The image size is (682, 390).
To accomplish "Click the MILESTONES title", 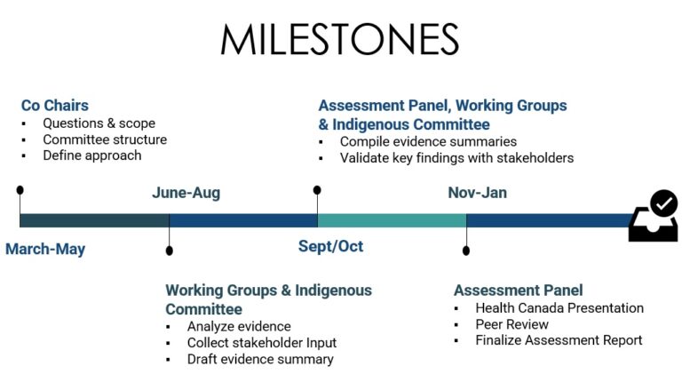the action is point(340,39).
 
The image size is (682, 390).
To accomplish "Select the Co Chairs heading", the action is point(55,106).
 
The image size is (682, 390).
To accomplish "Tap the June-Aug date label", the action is point(186,193).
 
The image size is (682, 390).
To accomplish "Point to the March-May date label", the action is point(45,249).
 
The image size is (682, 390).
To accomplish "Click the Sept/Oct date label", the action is point(330,246).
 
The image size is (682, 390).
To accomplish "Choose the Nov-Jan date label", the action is point(478,193).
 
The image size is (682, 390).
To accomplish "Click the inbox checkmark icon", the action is point(654,216).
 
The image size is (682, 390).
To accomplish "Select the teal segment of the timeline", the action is point(392,220).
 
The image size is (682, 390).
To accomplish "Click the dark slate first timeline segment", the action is point(94,220).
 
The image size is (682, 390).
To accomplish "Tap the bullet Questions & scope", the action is point(99,123).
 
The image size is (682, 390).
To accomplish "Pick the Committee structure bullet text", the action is point(105,139).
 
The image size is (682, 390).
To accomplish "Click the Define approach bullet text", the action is point(92,155).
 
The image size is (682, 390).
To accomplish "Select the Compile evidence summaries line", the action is point(428,141).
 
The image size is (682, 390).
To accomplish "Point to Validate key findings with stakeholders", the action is point(457,157).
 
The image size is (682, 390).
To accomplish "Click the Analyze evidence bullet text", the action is point(239,326).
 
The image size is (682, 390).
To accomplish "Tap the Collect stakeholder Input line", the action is point(262,343).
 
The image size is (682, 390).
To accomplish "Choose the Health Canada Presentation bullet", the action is point(559,307).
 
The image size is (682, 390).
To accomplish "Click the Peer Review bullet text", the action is point(511,324).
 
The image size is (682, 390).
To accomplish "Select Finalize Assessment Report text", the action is point(559,340).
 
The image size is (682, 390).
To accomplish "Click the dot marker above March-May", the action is point(20,190).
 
